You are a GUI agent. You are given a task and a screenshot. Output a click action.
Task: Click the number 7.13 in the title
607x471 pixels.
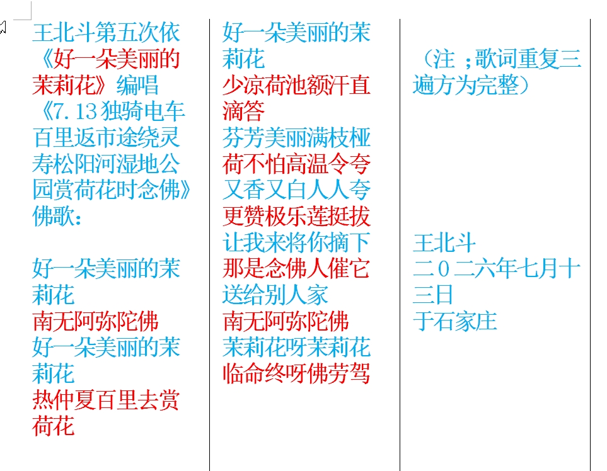(x=74, y=111)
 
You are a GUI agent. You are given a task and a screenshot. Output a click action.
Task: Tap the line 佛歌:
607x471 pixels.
(x=57, y=216)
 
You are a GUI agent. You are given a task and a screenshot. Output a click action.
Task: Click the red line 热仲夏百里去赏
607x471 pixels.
(x=106, y=400)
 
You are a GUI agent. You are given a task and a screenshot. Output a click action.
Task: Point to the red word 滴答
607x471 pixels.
(x=243, y=111)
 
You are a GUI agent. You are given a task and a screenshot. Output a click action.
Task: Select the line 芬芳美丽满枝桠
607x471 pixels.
(x=296, y=138)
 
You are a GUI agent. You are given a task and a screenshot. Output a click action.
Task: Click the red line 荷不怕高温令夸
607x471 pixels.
(x=296, y=164)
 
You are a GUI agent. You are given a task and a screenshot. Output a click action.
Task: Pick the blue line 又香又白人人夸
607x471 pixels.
(x=296, y=190)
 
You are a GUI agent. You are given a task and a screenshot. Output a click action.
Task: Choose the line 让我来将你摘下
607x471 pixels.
(x=296, y=242)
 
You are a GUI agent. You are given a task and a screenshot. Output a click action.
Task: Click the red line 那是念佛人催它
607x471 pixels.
(x=296, y=269)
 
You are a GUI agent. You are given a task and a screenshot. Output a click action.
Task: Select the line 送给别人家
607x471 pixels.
(x=275, y=295)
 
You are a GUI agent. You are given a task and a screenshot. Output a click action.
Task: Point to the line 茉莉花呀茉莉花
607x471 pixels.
(x=296, y=347)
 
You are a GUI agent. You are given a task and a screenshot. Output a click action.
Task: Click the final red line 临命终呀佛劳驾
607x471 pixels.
(x=296, y=373)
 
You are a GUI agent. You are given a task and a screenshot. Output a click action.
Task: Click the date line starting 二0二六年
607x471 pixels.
(x=497, y=269)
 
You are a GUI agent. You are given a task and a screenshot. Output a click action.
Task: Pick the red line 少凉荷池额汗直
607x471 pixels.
(x=296, y=85)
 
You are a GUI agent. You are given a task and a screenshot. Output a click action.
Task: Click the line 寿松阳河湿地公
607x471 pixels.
(x=106, y=164)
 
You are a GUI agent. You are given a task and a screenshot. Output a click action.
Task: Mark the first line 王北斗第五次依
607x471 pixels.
(x=106, y=33)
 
